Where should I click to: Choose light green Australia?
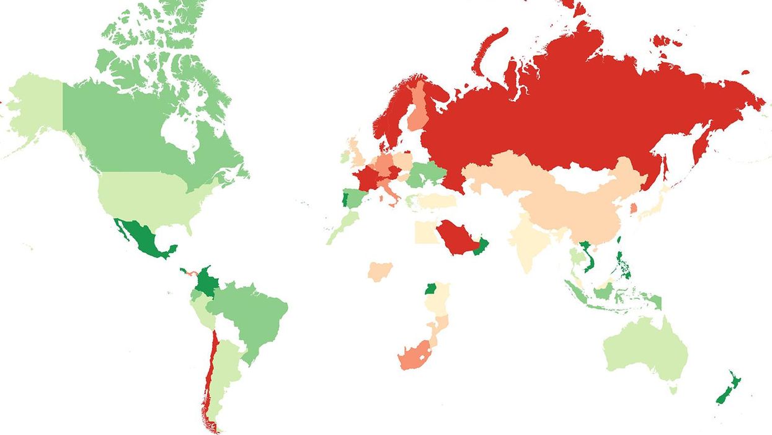(x=645, y=351)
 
